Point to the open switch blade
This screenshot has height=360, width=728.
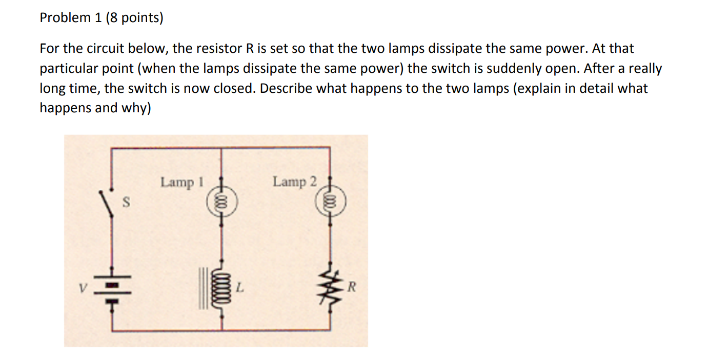coord(106,204)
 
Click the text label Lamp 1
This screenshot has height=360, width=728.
coord(182,182)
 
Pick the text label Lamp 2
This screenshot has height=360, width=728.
coord(295,182)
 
